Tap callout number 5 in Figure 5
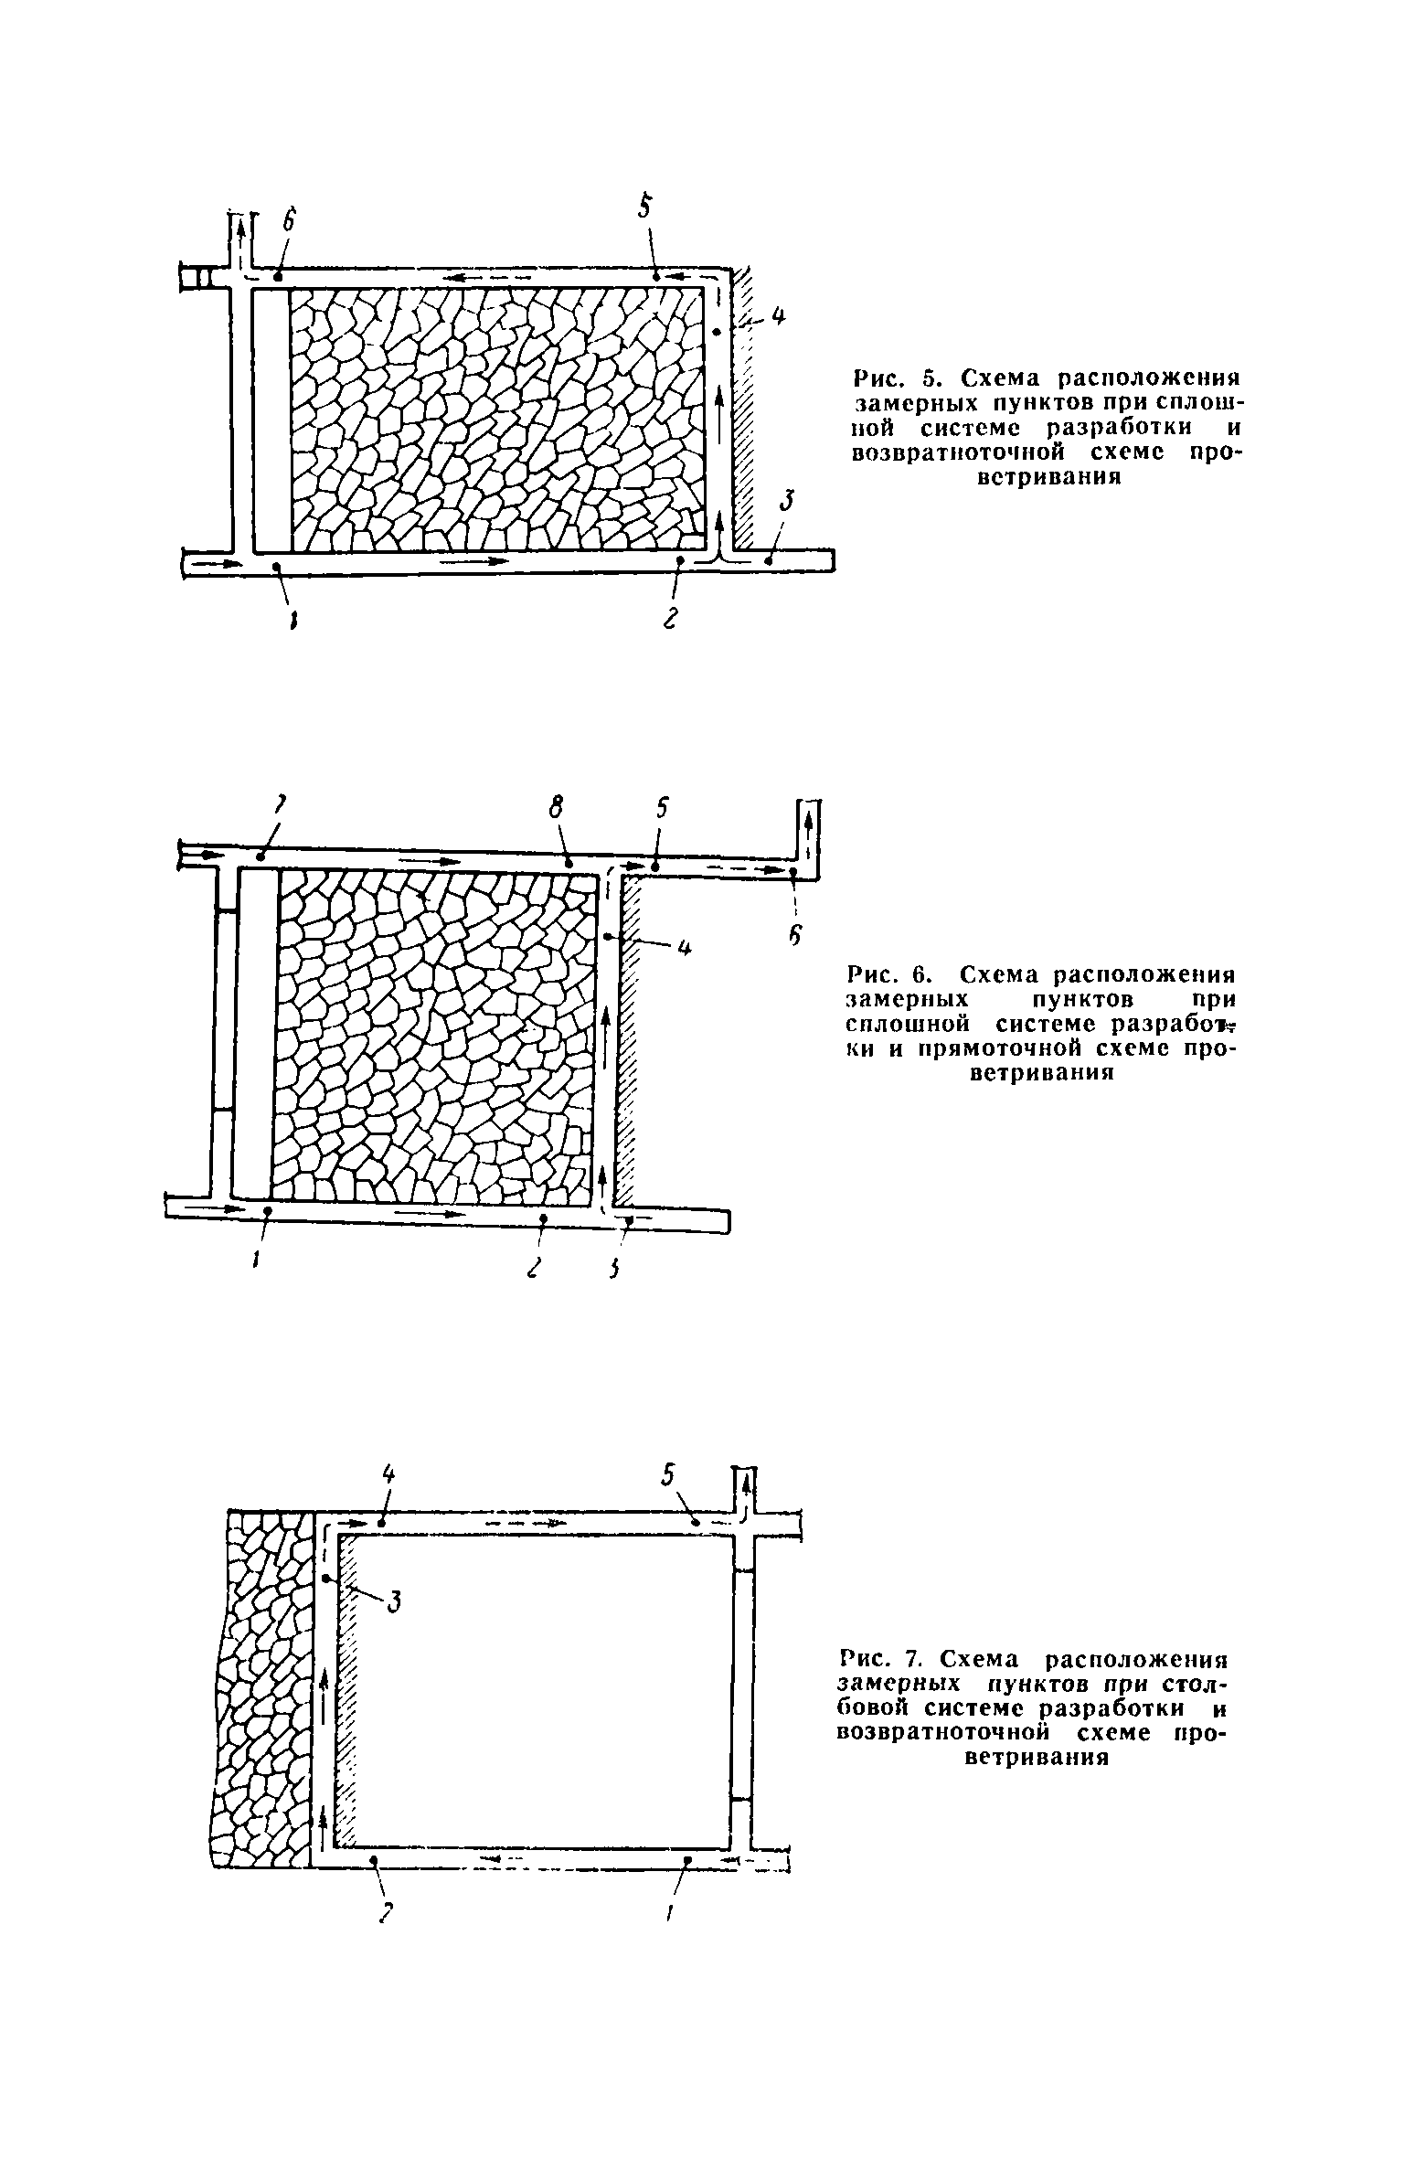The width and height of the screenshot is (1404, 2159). point(645,207)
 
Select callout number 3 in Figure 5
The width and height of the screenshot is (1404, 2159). point(788,503)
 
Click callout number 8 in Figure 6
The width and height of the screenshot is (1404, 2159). point(555,807)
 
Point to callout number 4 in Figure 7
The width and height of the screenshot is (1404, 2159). point(388,1473)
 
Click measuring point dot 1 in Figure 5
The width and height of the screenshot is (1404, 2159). point(277,568)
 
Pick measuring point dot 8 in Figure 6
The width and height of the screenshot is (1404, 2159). point(569,863)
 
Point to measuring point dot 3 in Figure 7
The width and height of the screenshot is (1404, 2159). point(325,1579)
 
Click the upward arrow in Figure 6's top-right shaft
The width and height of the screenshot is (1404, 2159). point(809,823)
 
